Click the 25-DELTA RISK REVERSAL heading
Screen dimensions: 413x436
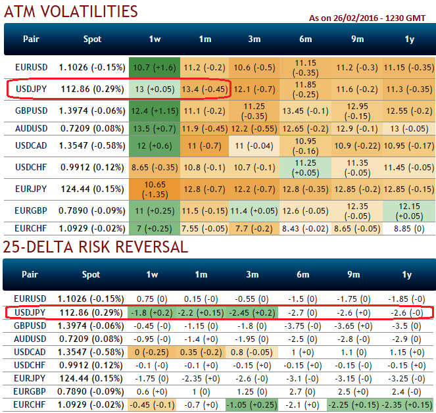[95, 247]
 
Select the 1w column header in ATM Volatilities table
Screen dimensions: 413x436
[155, 39]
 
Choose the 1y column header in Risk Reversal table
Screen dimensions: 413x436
[408, 274]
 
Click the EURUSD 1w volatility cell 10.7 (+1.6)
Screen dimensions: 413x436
[155, 67]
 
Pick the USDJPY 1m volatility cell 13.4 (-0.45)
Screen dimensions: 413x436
[205, 88]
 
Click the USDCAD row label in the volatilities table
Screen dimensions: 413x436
[31, 145]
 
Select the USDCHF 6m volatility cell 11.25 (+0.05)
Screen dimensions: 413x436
[306, 168]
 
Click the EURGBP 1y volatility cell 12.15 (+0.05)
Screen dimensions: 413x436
[408, 210]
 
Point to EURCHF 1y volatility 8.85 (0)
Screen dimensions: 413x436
[408, 228]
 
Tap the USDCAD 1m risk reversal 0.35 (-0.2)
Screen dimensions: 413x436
[205, 351]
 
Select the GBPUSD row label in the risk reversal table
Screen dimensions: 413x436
[31, 326]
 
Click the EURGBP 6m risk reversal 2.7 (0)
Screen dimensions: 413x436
[306, 390]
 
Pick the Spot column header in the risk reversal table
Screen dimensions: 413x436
[93, 274]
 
